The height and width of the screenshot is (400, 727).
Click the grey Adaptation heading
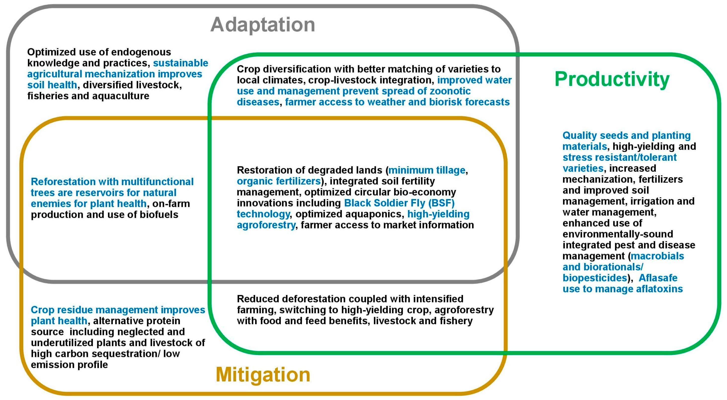(x=262, y=25)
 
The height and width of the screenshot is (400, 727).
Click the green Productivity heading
(x=612, y=79)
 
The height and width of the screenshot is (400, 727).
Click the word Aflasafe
(x=658, y=278)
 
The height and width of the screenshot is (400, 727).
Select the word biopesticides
(x=595, y=278)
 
